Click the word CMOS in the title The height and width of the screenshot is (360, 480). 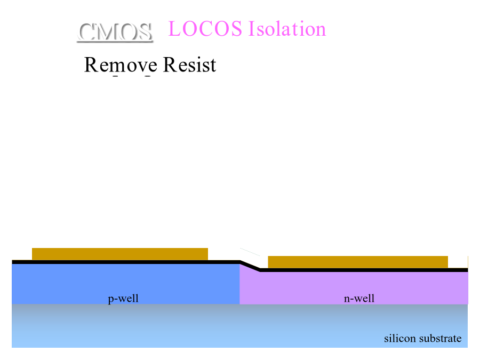115,32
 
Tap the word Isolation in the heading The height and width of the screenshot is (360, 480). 286,29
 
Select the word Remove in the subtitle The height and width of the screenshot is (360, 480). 121,65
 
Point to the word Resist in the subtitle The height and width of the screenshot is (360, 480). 190,65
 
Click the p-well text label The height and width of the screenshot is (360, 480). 123,298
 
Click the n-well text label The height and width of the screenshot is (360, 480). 359,298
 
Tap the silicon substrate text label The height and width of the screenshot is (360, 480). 422,339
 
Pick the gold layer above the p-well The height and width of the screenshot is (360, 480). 120,254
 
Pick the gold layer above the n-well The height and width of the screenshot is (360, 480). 357,262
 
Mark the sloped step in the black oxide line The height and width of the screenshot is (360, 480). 250,266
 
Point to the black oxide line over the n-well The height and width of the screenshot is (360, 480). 363,270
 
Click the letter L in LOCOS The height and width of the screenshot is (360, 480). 175,29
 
